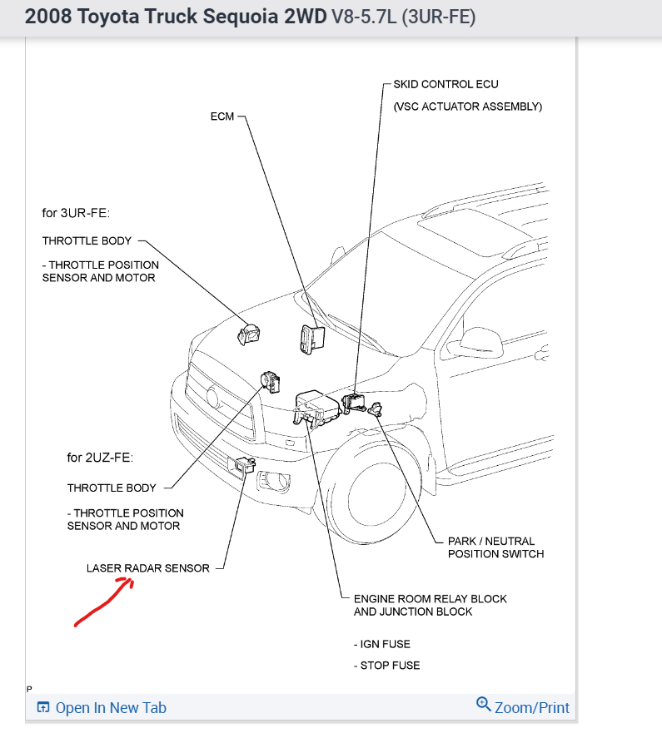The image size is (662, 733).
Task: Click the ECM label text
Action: pyautogui.click(x=222, y=117)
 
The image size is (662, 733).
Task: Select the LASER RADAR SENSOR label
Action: pyautogui.click(x=148, y=569)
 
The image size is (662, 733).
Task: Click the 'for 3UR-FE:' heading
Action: pyautogui.click(x=76, y=213)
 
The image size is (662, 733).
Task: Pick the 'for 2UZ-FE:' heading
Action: pyautogui.click(x=100, y=458)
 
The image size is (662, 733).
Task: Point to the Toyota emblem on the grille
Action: pyautogui.click(x=212, y=397)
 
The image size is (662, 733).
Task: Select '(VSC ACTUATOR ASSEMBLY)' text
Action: pyautogui.click(x=467, y=107)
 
